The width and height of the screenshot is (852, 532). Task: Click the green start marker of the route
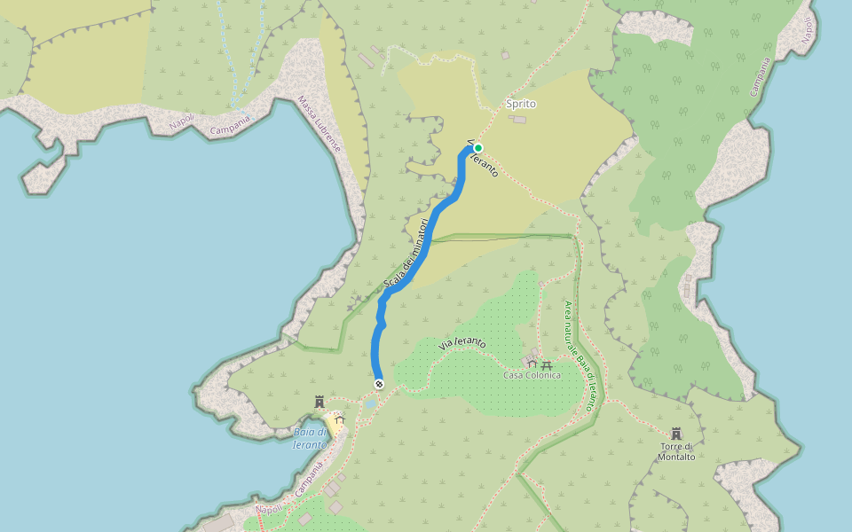[x=478, y=148]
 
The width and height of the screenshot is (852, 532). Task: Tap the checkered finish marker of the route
[x=379, y=384]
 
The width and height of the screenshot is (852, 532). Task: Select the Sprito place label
[x=521, y=104]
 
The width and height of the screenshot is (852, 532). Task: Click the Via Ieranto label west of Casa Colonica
[x=462, y=343]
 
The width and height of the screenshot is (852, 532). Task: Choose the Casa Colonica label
[x=532, y=375]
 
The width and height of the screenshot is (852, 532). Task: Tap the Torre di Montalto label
[x=676, y=451]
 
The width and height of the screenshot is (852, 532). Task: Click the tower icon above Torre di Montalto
[x=676, y=434]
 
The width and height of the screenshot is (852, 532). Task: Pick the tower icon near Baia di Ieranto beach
[x=319, y=403]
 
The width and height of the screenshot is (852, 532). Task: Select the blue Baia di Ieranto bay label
[x=310, y=438]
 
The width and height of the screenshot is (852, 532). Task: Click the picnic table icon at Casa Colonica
[x=547, y=364]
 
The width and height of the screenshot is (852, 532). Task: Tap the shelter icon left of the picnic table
[x=532, y=363]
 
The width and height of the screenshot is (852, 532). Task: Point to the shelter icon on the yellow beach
[x=338, y=417]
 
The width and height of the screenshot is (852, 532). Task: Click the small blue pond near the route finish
[x=369, y=403]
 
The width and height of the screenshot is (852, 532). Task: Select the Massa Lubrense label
[x=319, y=123]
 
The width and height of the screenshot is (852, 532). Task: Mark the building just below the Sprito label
[x=519, y=119]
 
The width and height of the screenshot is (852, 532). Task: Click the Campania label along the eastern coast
[x=760, y=78]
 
